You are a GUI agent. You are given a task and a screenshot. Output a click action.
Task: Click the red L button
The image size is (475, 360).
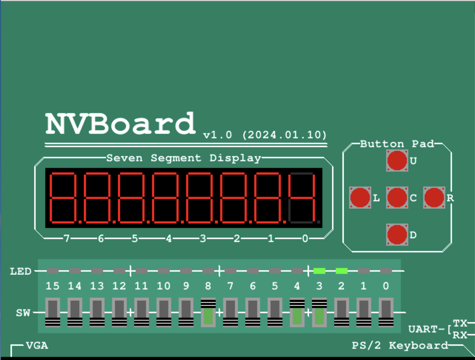[x=360, y=197]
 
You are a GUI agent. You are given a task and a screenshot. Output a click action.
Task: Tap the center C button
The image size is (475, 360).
[x=397, y=197]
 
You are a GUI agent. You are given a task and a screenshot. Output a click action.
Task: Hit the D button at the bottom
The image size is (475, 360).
[x=397, y=235]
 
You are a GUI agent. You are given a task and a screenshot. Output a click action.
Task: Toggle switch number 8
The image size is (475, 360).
[x=208, y=313]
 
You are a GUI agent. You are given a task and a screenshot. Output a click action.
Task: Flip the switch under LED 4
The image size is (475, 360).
[x=297, y=313]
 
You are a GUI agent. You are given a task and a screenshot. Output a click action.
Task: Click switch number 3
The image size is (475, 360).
[x=319, y=313]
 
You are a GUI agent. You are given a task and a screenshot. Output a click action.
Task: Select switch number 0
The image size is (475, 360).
[x=386, y=313]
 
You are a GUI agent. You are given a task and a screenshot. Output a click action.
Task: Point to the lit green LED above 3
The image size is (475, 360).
[x=319, y=271]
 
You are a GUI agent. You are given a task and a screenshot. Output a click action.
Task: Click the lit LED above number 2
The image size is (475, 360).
[x=341, y=271]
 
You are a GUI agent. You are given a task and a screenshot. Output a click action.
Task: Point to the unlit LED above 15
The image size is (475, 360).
[x=53, y=271]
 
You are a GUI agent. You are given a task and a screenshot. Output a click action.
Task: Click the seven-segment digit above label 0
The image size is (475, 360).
[x=303, y=198]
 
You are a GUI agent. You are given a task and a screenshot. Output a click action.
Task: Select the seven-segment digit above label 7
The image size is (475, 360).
[x=64, y=198]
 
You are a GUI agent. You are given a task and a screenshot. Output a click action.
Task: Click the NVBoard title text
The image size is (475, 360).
[x=121, y=124]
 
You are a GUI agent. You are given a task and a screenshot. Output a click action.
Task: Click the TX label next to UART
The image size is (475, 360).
[x=460, y=323]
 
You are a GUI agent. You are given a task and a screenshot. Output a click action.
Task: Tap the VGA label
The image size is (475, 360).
[x=37, y=346]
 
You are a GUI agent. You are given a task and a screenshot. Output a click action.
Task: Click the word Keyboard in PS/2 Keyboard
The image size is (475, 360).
[x=418, y=346]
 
